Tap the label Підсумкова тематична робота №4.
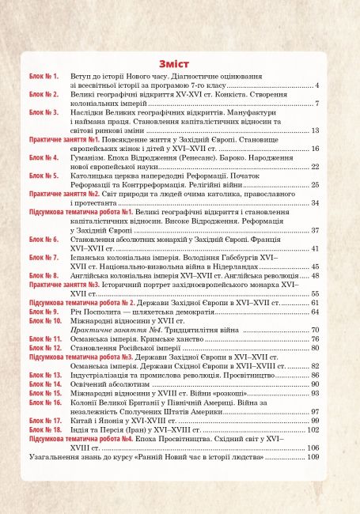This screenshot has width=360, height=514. (69, 438)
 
